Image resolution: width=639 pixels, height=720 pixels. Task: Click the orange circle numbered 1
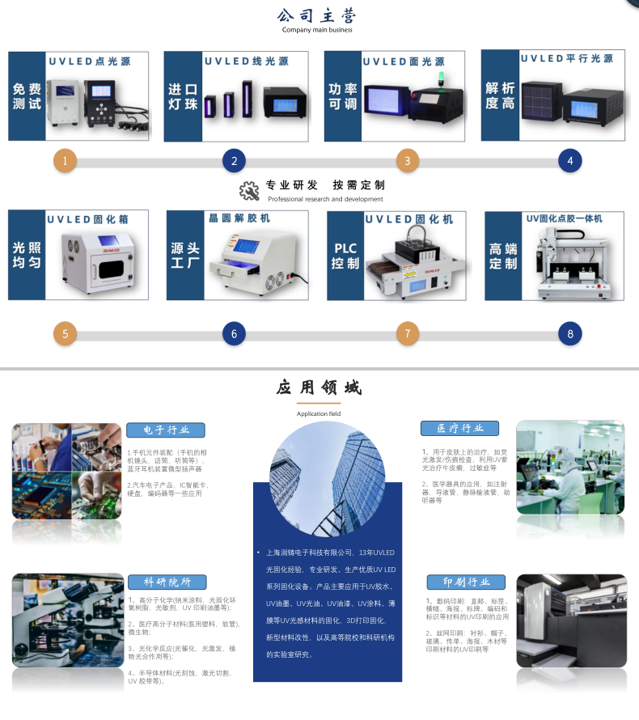pyautogui.click(x=65, y=161)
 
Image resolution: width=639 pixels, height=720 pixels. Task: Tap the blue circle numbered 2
pyautogui.click(x=234, y=161)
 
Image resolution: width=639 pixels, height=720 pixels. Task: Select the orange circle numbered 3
pyautogui.click(x=407, y=161)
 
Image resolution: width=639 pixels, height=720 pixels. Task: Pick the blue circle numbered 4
pyautogui.click(x=570, y=161)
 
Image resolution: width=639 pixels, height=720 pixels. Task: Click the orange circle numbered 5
pyautogui.click(x=65, y=333)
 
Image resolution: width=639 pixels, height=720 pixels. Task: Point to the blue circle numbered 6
pyautogui.click(x=234, y=333)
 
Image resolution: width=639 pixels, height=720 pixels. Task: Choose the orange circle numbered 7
pyautogui.click(x=407, y=333)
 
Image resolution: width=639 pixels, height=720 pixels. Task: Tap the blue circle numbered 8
pyautogui.click(x=570, y=333)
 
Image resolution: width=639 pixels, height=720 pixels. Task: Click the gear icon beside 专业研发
pyautogui.click(x=249, y=191)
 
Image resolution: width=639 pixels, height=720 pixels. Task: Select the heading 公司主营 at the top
pyautogui.click(x=317, y=16)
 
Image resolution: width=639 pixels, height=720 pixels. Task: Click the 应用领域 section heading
pyautogui.click(x=318, y=388)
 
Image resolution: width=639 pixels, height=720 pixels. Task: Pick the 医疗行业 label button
pyautogui.click(x=459, y=428)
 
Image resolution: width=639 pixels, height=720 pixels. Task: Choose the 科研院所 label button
pyautogui.click(x=167, y=582)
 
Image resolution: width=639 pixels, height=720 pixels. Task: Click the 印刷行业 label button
pyautogui.click(x=466, y=582)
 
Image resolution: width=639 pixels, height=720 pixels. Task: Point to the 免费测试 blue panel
pyautogui.click(x=27, y=96)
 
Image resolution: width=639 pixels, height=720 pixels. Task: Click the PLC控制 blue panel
pyautogui.click(x=345, y=256)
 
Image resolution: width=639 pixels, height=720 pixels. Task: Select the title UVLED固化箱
pyautogui.click(x=97, y=219)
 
